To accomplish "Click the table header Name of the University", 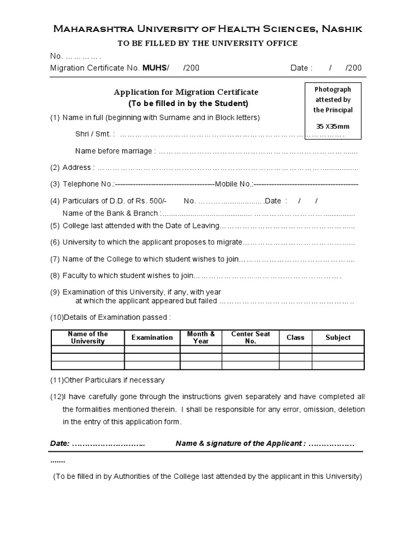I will tap(88, 338).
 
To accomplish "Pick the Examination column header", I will tap(152, 338).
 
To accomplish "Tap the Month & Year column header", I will tap(201, 338).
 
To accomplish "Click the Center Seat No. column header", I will tap(251, 338).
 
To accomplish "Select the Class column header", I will tap(296, 338).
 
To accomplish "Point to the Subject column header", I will tap(338, 338).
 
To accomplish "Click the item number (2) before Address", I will tap(55, 168).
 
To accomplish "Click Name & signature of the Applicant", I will tap(240, 444).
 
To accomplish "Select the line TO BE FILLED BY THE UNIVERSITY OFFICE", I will tap(207, 43).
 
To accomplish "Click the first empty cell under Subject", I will tap(338, 349).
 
